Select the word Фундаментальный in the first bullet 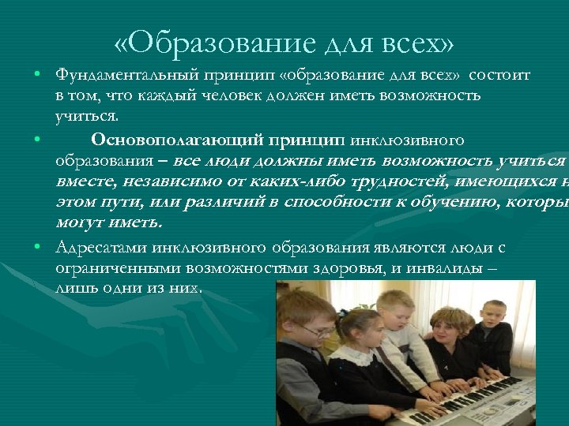pyautogui.click(x=119, y=75)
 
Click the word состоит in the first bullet pyautogui.click(x=499, y=75)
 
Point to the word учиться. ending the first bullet pyautogui.click(x=87, y=116)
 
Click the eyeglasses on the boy pyautogui.click(x=316, y=331)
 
